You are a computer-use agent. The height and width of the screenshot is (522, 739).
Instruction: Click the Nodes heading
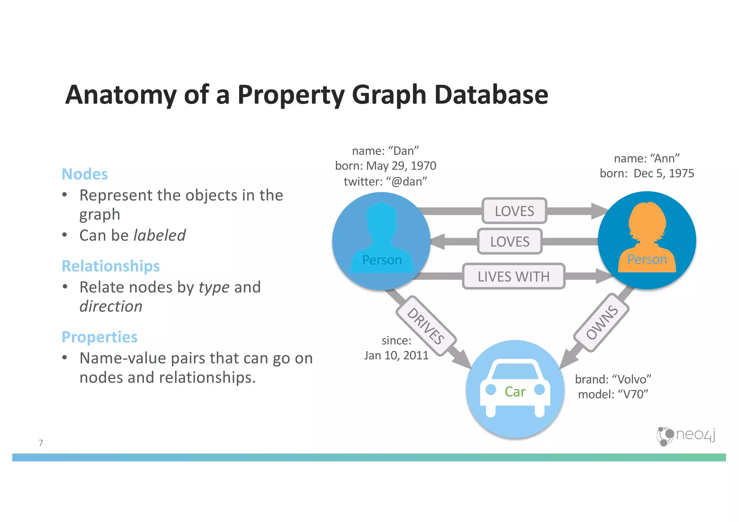(x=85, y=174)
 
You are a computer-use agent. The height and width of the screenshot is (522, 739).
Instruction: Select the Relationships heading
(x=111, y=266)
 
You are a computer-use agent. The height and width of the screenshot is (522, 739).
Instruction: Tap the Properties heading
(x=100, y=337)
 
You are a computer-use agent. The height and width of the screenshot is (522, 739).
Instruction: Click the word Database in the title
(x=491, y=94)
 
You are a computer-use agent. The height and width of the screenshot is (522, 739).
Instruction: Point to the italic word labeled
(x=159, y=235)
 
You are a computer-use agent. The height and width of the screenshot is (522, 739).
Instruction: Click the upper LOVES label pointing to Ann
(x=514, y=211)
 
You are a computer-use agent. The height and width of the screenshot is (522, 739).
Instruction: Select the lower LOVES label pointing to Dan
(x=510, y=242)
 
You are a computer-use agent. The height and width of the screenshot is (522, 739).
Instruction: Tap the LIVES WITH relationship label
(x=513, y=277)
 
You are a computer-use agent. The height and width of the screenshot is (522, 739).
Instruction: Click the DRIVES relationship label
(x=426, y=326)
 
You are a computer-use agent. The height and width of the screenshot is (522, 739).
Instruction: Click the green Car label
(x=515, y=392)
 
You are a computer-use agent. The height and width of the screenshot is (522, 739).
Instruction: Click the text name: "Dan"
(x=385, y=151)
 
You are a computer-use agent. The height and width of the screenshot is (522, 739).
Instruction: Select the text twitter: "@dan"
(x=385, y=181)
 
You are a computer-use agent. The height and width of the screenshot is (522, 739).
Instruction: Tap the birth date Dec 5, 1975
(x=664, y=173)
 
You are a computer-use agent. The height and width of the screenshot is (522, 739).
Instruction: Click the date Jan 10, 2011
(x=396, y=355)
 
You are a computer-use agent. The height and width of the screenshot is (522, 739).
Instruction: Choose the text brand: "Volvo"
(x=613, y=379)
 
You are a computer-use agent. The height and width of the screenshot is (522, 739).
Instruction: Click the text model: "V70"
(x=613, y=394)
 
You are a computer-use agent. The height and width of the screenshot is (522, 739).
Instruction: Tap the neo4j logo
(x=686, y=436)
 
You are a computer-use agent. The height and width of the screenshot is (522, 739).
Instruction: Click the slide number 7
(x=41, y=443)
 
